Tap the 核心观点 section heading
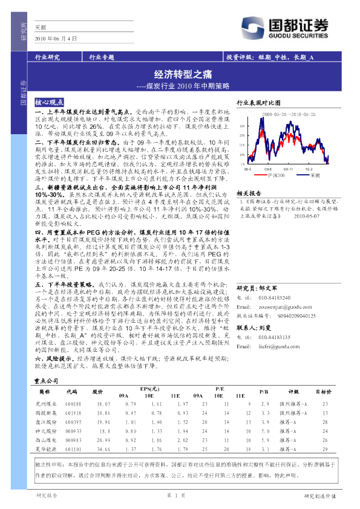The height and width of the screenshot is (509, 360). (x=51, y=103)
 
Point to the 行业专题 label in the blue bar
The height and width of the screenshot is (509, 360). (x=101, y=57)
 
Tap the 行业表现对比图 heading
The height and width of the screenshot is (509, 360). (x=259, y=103)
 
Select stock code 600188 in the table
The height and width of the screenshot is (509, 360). (x=73, y=403)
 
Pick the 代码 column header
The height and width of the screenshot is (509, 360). (x=73, y=391)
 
